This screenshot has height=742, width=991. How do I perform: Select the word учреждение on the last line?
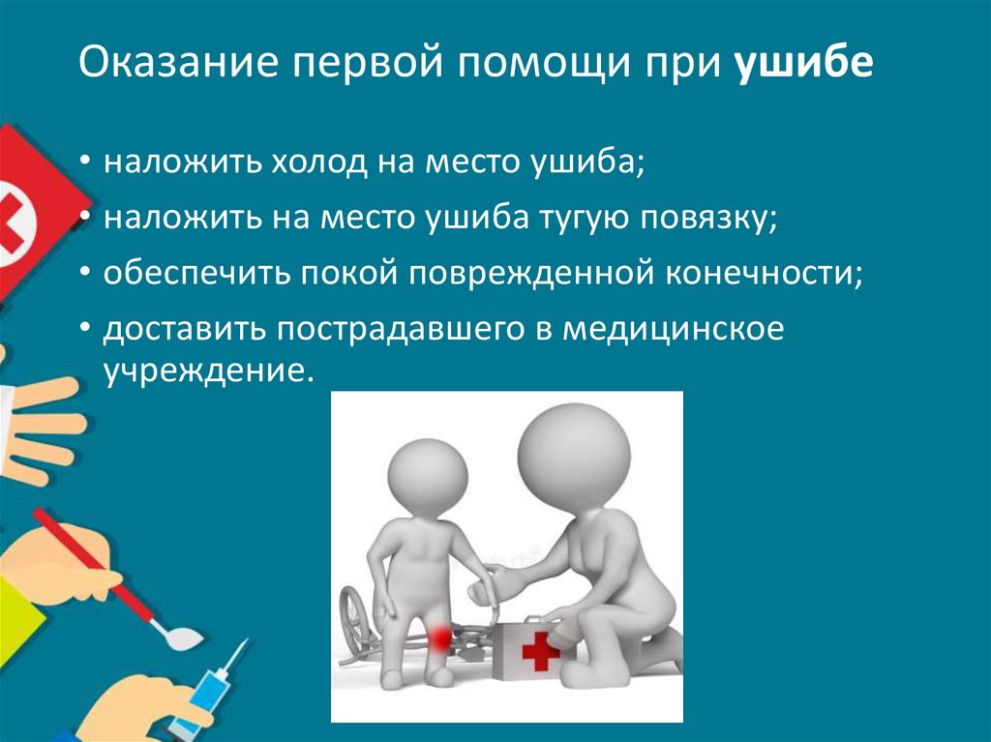click(209, 370)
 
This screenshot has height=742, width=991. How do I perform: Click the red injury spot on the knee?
click(440, 637)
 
